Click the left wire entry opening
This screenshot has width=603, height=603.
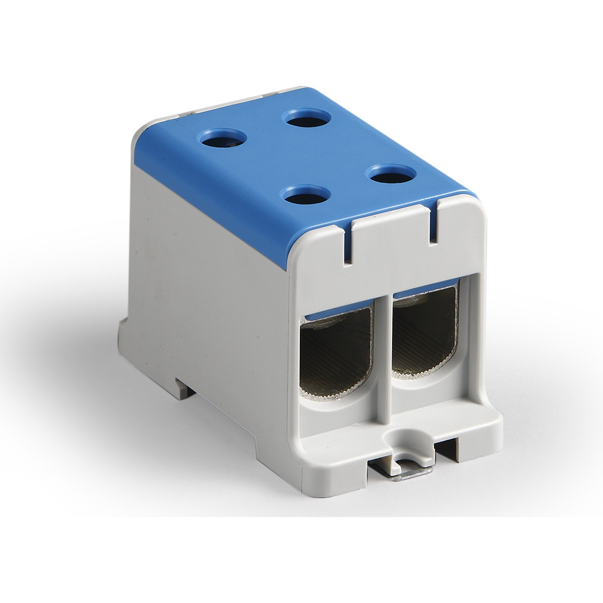coord(335,353)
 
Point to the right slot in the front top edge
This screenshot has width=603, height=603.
coord(433,223)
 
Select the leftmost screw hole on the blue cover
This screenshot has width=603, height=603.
coord(222,139)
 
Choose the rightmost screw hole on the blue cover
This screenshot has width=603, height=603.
coord(391,174)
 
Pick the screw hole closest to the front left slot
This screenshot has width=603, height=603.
coord(305,195)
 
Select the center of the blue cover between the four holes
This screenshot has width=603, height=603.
coord(306,157)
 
